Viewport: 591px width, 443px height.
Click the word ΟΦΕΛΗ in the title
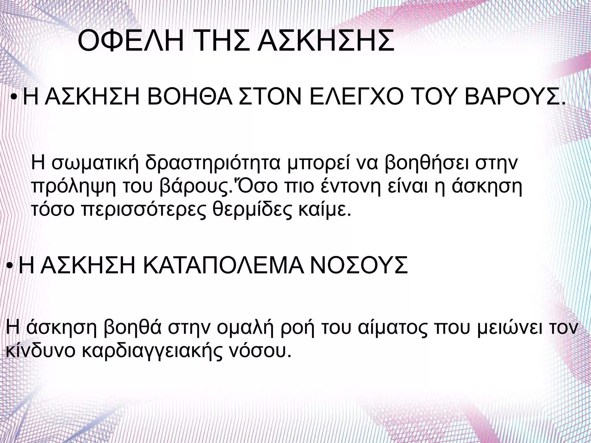click(130, 41)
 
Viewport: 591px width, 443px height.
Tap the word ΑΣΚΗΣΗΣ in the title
click(326, 41)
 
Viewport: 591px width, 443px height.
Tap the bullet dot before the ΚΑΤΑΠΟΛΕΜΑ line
click(9, 266)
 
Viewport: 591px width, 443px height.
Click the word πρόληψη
click(73, 187)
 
